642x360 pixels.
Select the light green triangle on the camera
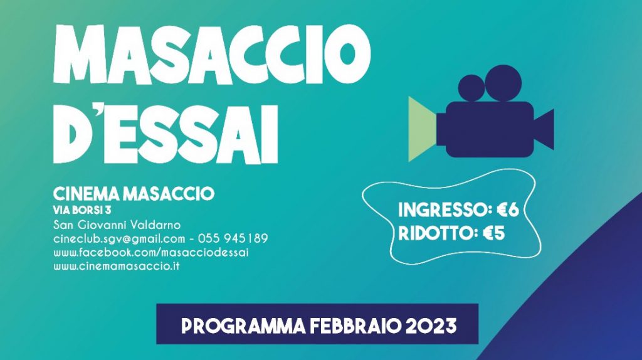click(x=423, y=129)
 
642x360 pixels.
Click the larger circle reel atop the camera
click(x=503, y=83)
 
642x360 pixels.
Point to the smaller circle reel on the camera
click(x=471, y=88)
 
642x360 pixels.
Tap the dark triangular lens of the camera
click(x=544, y=129)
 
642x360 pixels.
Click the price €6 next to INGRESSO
click(x=508, y=210)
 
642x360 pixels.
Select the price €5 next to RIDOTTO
click(x=493, y=233)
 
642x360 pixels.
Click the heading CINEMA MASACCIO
click(x=134, y=194)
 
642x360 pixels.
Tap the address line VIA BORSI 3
click(x=82, y=211)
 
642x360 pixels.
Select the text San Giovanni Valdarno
click(x=117, y=225)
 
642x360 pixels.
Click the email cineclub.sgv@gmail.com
click(x=119, y=239)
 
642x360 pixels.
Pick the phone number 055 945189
click(x=233, y=238)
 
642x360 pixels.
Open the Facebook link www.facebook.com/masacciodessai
click(x=151, y=252)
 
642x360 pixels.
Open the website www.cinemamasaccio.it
click(x=117, y=266)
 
